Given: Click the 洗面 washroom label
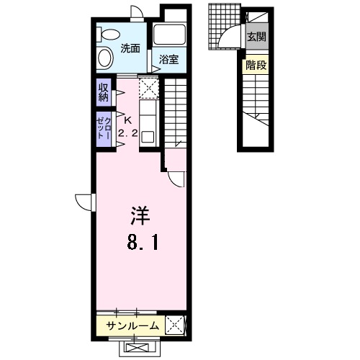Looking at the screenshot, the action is (x=130, y=49).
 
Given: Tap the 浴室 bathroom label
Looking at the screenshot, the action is (x=169, y=60).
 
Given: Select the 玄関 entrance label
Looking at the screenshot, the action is (x=257, y=37).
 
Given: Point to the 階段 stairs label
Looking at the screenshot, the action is (x=256, y=65).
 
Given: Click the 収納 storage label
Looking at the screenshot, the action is (x=104, y=92).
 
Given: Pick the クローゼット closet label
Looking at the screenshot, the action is (x=104, y=128).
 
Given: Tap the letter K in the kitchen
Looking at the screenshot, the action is (x=128, y=121).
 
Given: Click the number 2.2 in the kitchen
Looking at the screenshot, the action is (x=128, y=133).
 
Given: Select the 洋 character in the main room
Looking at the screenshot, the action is (x=140, y=215).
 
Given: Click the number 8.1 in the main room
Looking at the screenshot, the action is (x=143, y=242).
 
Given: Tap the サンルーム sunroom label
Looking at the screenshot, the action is (x=132, y=326).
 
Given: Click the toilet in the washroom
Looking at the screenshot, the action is (x=108, y=35).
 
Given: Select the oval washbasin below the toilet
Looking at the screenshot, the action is (x=106, y=58).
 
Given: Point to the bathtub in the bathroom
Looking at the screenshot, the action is (x=169, y=35).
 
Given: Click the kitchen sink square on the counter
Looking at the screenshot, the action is (x=148, y=137).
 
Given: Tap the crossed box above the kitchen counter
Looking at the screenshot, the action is (x=149, y=88).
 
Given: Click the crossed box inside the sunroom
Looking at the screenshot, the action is (x=175, y=325).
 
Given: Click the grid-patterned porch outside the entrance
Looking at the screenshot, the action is (x=224, y=27).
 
